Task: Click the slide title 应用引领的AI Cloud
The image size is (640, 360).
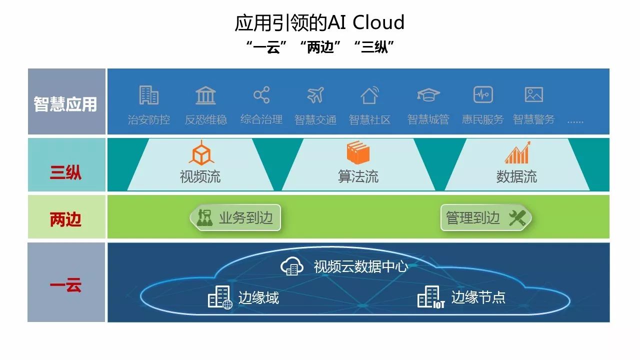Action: tap(319, 22)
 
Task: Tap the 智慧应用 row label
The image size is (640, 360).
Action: tap(65, 104)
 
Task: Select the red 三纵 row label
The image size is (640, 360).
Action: tap(65, 173)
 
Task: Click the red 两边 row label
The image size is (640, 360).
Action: tap(65, 219)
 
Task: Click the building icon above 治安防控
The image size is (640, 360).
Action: tap(148, 95)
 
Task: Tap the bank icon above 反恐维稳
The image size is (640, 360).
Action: tap(205, 95)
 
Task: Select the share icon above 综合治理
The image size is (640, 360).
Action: tap(261, 95)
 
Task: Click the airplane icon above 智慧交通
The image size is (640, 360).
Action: tap(315, 95)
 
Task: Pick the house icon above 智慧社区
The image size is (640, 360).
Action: tap(369, 95)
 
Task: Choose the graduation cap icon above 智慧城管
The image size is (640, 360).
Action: tap(428, 94)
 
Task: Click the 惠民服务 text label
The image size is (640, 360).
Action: tap(482, 120)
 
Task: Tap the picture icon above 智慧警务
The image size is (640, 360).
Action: tap(534, 94)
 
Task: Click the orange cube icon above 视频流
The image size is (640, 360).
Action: tap(201, 152)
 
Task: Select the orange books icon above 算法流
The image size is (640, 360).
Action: tap(357, 152)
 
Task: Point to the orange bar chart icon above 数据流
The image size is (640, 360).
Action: tap(517, 153)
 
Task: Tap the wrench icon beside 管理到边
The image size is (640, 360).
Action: tap(517, 218)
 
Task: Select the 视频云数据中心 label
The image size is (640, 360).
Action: tap(360, 266)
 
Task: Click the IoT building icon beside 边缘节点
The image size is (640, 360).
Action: tap(430, 297)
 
